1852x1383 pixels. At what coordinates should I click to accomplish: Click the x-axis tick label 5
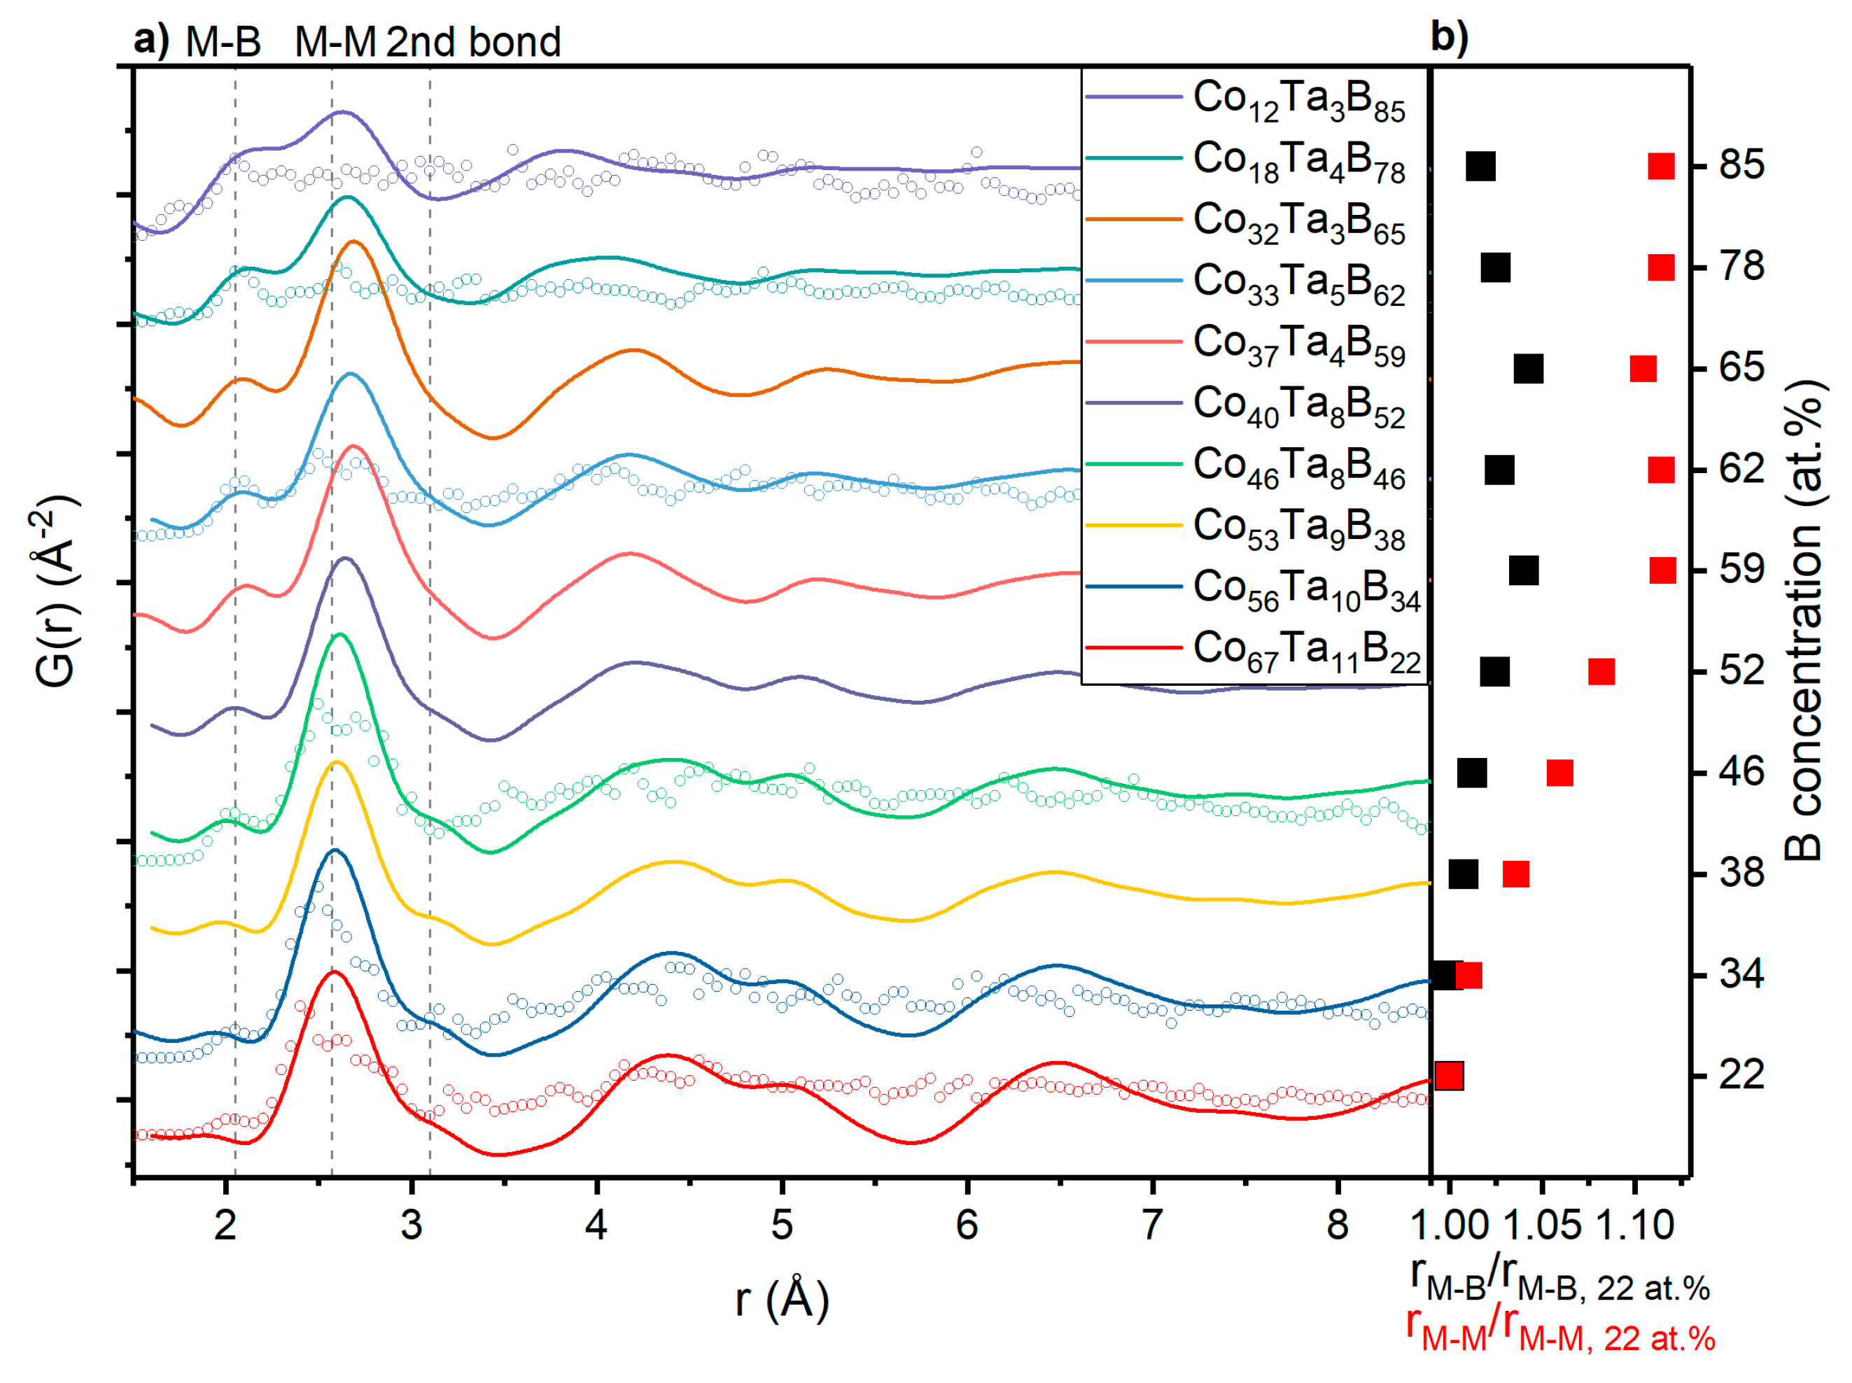[x=781, y=1226]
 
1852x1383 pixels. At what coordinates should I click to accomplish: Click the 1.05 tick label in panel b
[x=1542, y=1226]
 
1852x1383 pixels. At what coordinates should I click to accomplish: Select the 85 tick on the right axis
[x=1741, y=165]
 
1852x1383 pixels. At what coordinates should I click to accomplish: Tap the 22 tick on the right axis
[x=1741, y=1075]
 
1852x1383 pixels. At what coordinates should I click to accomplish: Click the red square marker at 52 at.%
[x=1601, y=671]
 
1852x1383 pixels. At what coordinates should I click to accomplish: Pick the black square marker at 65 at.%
[x=1528, y=368]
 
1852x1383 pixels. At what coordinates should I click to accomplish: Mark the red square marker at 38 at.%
[x=1515, y=874]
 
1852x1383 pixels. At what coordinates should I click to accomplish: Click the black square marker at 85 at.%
[x=1480, y=166]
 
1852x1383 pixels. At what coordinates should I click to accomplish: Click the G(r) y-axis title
[x=57, y=590]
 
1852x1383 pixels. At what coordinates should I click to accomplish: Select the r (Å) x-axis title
[x=781, y=1300]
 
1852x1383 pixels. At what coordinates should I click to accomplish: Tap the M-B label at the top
[x=223, y=42]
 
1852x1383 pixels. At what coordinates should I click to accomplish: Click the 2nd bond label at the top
[x=473, y=42]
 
